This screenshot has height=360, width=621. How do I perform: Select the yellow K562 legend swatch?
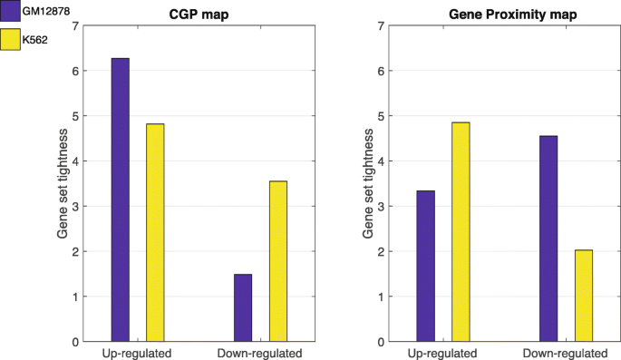(12, 39)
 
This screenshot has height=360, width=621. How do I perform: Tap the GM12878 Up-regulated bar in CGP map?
(121, 199)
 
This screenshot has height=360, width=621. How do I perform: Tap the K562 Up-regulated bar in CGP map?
(155, 232)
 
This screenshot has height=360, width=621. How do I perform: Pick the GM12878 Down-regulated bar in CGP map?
(243, 307)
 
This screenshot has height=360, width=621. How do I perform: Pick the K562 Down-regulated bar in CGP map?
(277, 261)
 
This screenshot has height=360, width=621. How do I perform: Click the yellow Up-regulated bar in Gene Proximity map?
(460, 231)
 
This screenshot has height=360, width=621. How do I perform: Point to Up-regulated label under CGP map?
(137, 353)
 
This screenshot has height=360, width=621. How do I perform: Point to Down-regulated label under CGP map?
(260, 353)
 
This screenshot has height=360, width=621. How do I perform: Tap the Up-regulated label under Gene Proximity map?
(442, 353)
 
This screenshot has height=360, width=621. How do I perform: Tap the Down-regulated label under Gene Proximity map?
(566, 353)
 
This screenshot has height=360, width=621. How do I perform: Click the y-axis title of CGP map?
(63, 184)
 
